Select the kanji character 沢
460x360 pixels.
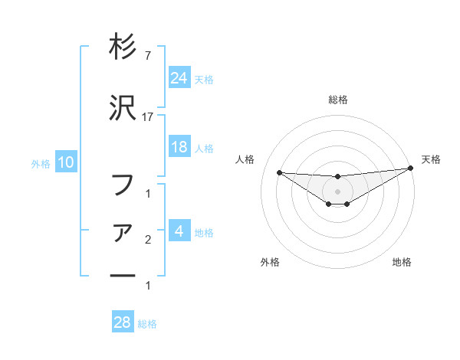pos(123,110)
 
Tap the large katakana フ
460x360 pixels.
pos(123,184)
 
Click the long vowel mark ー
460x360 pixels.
pos(123,273)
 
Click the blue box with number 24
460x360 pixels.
pos(179,77)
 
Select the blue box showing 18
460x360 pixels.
pos(179,147)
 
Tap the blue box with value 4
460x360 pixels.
pos(179,231)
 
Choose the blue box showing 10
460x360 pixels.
pos(66,162)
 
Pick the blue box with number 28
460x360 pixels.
pos(123,322)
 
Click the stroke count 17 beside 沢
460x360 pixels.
pos(148,116)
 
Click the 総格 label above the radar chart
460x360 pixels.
pos(338,100)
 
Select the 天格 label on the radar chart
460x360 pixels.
pos(431,159)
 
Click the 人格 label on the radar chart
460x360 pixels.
pos(245,159)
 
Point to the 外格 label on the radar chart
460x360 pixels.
pos(270,262)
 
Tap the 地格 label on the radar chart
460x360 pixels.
pos(402,262)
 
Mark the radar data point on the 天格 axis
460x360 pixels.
pos(410,169)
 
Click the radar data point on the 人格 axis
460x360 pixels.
pos(279,172)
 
